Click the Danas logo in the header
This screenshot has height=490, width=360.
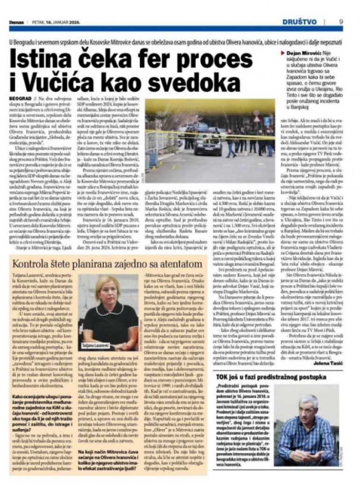[17, 22]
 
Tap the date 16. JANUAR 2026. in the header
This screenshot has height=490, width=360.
[56, 22]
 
